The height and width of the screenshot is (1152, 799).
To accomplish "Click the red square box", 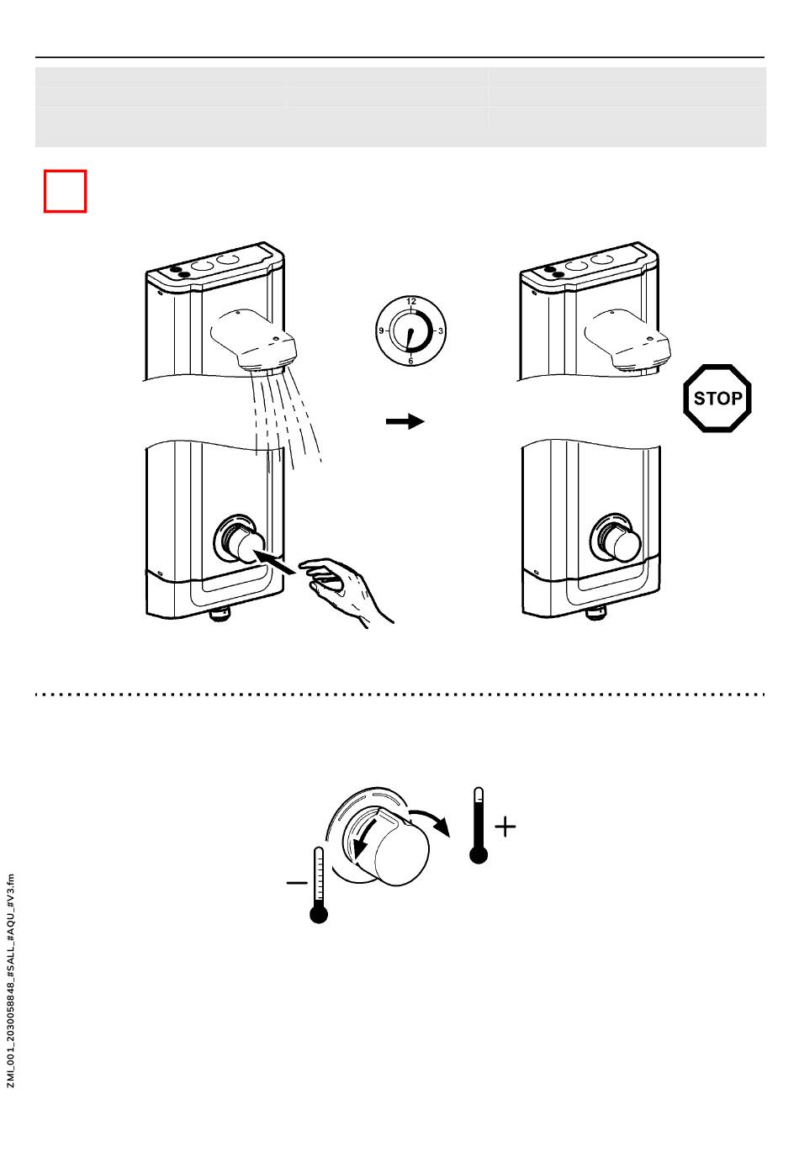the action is [65, 191].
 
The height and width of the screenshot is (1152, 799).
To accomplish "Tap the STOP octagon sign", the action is [717, 398].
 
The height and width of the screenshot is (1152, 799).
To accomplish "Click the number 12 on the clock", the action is [410, 301].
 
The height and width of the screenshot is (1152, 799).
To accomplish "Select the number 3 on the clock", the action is [441, 331].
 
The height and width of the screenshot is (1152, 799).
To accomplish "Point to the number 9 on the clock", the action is [380, 331].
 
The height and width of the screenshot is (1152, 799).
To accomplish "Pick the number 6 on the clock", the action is [410, 361].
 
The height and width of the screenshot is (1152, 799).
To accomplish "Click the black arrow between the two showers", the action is [405, 421].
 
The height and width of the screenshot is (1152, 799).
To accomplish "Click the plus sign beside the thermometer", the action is [505, 827].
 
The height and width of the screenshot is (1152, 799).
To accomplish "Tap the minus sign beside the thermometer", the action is [297, 883].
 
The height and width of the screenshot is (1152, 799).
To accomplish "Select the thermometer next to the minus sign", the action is [319, 885].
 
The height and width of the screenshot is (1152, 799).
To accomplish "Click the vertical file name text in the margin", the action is [11, 980].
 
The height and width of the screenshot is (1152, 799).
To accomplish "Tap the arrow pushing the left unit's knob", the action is [275, 562].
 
